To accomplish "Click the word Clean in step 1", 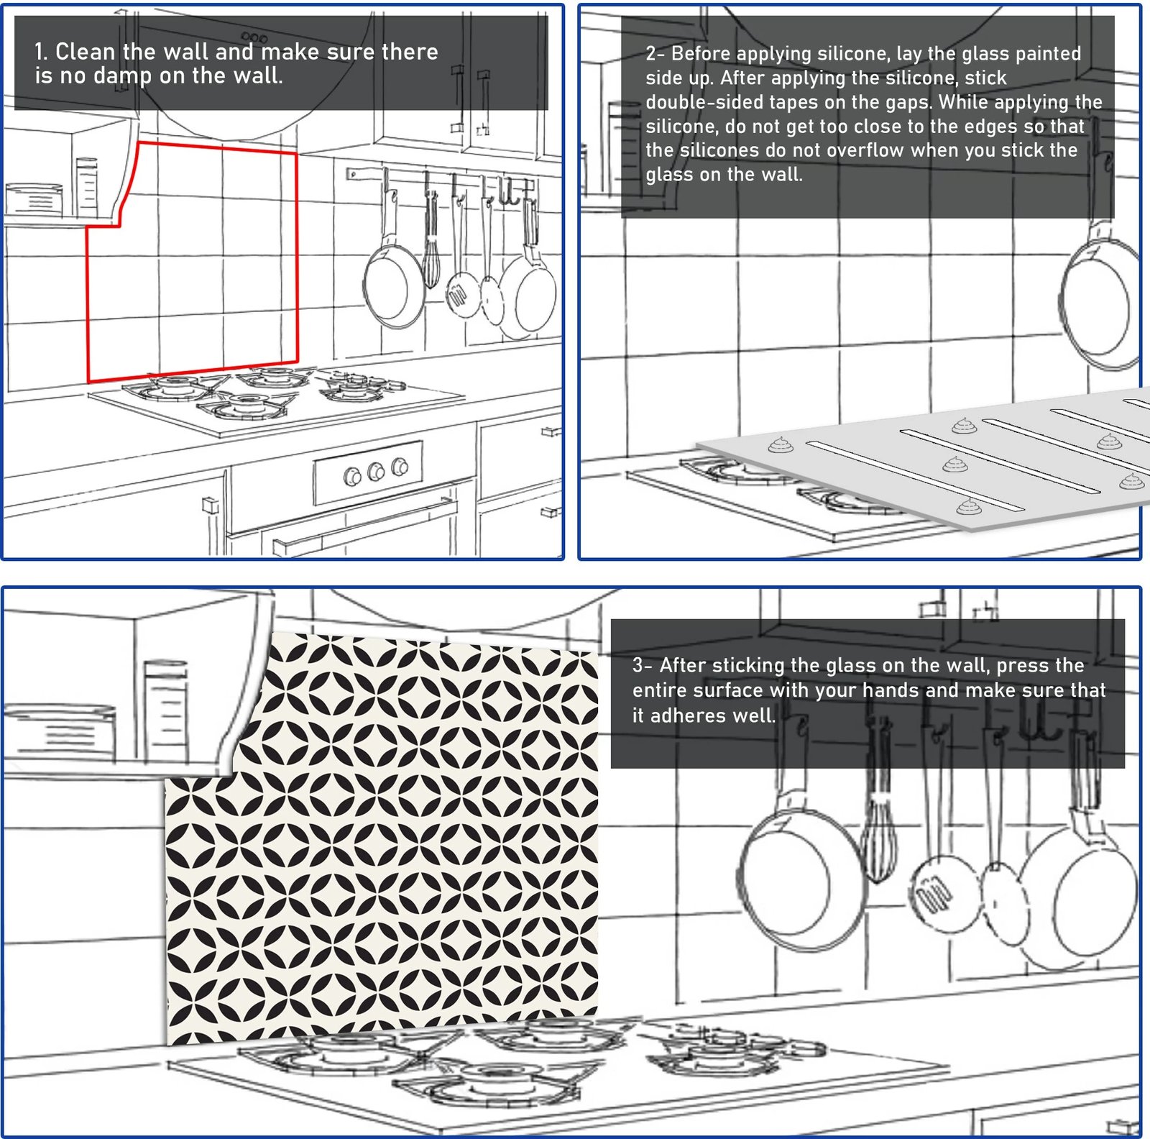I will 85,52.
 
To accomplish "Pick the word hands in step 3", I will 891,690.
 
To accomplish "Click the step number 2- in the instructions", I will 655,54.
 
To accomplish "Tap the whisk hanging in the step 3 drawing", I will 878,841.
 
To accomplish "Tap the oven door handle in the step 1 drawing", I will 365,526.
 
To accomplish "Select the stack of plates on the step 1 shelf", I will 33,198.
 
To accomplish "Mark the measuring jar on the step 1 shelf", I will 86,186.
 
